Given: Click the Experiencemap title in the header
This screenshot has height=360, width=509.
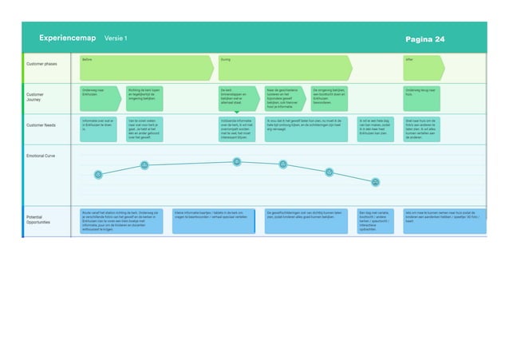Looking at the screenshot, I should (67, 38).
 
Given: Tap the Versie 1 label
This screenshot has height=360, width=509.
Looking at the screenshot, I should (116, 38).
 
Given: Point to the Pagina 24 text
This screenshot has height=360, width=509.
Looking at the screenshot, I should (424, 39).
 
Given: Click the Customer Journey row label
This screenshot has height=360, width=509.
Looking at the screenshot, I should (37, 97).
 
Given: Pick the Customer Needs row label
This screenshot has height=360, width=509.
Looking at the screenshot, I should (41, 125).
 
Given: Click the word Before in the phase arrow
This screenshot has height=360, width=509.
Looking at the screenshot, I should (86, 58).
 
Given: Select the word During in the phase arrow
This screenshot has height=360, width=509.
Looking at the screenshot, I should (225, 58).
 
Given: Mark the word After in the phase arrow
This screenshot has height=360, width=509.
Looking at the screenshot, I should (409, 58).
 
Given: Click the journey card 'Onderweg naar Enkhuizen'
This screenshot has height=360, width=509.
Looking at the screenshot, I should (99, 98).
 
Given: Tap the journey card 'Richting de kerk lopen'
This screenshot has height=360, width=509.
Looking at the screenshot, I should (144, 98).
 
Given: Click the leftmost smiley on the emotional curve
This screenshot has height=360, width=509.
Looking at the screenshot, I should (98, 174).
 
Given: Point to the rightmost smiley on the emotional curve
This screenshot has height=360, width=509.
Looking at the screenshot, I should (375, 183).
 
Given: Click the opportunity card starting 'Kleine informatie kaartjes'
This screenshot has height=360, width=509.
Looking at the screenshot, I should (215, 221).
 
